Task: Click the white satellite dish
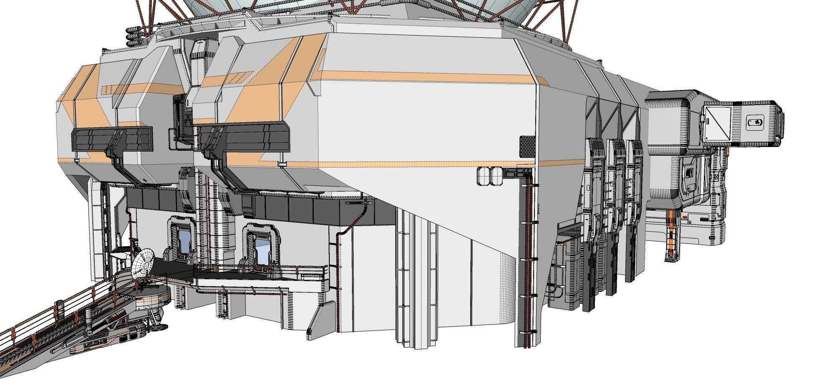coord(143,263)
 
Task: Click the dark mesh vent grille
coord(527,146)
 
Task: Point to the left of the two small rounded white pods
coord(484,176)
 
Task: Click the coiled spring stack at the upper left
coord(135,36)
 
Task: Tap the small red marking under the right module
coord(685,217)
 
